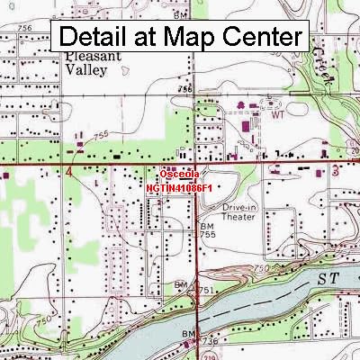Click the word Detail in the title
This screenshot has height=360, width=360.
95,38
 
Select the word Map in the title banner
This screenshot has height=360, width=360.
190,38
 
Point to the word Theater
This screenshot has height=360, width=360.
238,216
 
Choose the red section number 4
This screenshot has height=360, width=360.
68,169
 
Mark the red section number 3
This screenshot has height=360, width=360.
334,169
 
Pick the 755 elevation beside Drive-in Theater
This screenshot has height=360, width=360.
208,234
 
